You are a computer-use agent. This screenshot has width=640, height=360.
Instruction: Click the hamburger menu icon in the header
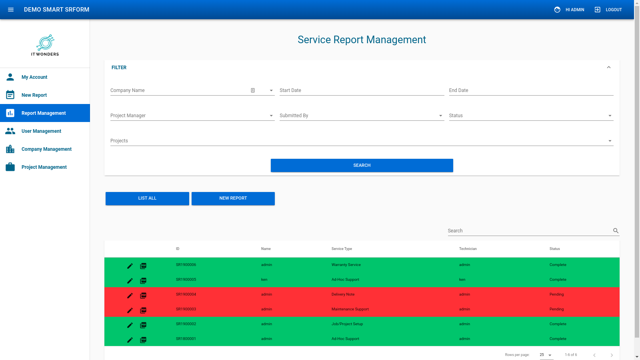tap(11, 10)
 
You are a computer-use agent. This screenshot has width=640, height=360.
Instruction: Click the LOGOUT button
tap(608, 10)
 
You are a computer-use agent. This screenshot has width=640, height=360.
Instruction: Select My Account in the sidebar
tap(34, 77)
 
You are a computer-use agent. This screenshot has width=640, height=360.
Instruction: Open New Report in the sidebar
tap(34, 95)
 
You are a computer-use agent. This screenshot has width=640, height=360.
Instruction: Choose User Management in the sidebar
tap(41, 131)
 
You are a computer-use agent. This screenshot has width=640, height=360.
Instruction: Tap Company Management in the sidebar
tap(46, 149)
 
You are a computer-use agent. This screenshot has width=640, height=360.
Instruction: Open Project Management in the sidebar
tap(44, 167)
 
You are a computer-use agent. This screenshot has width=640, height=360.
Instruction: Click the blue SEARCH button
tap(362, 165)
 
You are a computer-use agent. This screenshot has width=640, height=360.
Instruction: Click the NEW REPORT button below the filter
tap(233, 198)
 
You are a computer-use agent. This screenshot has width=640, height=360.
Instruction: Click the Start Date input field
tap(362, 91)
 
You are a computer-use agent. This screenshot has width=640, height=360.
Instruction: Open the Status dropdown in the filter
tap(531, 116)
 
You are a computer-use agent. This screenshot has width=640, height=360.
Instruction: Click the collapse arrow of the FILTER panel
tap(608, 68)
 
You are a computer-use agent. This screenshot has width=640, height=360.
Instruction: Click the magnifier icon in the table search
tap(616, 231)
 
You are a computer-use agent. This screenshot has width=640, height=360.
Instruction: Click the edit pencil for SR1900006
tap(130, 266)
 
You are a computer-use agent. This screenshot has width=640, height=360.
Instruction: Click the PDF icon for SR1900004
tap(143, 296)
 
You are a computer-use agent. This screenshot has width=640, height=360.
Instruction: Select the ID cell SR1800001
tap(186, 339)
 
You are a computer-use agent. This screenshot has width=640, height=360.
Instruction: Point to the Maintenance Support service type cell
tap(350, 309)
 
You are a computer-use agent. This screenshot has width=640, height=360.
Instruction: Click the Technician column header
tap(468, 249)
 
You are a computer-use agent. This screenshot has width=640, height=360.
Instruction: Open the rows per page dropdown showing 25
tap(546, 355)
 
